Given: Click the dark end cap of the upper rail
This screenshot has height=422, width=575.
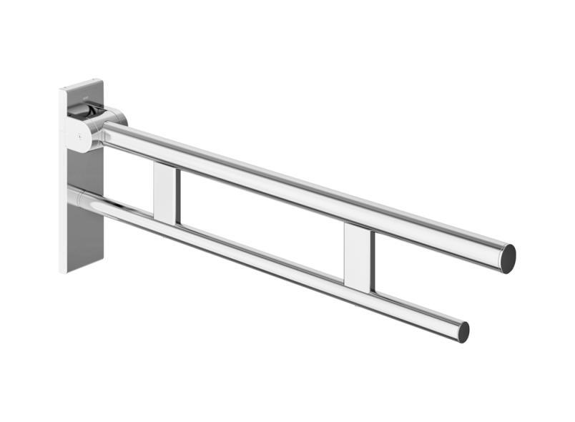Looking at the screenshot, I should coord(507,258).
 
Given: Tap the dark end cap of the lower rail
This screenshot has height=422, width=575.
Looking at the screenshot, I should coord(463,332).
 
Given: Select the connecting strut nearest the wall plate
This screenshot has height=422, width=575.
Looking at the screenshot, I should coord(164,192).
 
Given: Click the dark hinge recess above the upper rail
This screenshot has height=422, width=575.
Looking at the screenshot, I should coord(84,110).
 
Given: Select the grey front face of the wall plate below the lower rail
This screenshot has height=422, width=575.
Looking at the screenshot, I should coord(87,236).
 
